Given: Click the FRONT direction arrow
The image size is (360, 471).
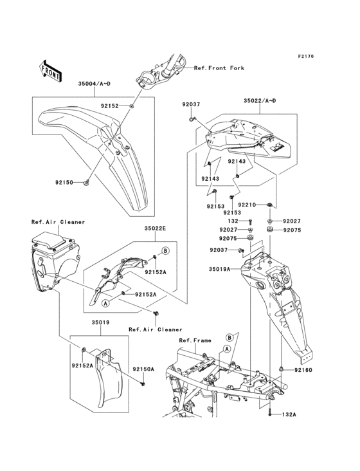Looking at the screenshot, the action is (50, 71).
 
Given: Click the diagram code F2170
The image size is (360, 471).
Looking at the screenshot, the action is (306, 56).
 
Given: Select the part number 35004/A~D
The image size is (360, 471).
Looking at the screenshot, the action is (94, 84).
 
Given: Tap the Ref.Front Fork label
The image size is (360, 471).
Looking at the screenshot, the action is (219, 68).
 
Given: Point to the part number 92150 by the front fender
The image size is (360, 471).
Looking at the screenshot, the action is (64, 182).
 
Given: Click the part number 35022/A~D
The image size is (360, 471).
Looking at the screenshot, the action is (260, 101).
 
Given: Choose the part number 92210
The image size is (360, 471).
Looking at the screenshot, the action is (247, 205).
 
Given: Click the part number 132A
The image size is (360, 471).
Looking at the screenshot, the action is (289, 415).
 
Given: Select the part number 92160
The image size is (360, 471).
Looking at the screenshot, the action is (303, 370).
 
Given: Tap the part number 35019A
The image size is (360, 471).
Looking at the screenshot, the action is (219, 270).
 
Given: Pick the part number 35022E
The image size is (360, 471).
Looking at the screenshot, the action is (155, 228).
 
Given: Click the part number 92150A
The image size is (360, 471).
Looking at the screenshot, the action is (143, 369).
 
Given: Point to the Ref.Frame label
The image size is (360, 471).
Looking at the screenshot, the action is (195, 340).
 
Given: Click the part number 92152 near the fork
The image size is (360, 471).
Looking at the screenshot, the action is (110, 106).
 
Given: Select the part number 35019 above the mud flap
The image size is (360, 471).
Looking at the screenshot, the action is (100, 322).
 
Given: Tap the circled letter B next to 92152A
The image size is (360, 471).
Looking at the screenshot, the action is (165, 250).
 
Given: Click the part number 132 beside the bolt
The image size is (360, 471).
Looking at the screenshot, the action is (233, 221).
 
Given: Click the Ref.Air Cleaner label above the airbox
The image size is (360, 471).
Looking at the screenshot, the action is (59, 222).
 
